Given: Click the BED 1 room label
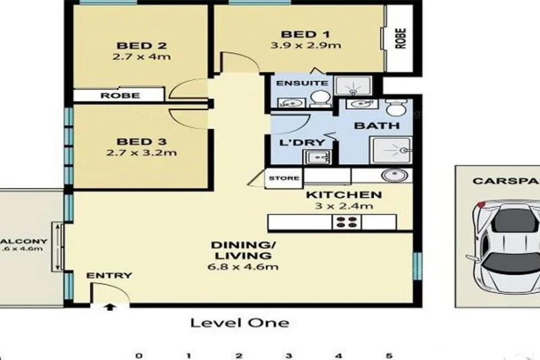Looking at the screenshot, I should coord(299,34).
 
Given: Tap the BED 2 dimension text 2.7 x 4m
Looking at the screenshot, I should coord(142,57).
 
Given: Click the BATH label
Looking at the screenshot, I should coord(377,126).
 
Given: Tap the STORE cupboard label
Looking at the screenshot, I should coord(283,178).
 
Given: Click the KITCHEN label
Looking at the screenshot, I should coord(344,195).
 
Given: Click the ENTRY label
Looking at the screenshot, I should coord(109,276).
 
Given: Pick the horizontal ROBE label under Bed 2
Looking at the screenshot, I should coord(119,96).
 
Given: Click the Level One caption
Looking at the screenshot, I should coord(240,323).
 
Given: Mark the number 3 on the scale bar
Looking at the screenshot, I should coord(288,355).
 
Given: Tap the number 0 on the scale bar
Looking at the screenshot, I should coord(138,355).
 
